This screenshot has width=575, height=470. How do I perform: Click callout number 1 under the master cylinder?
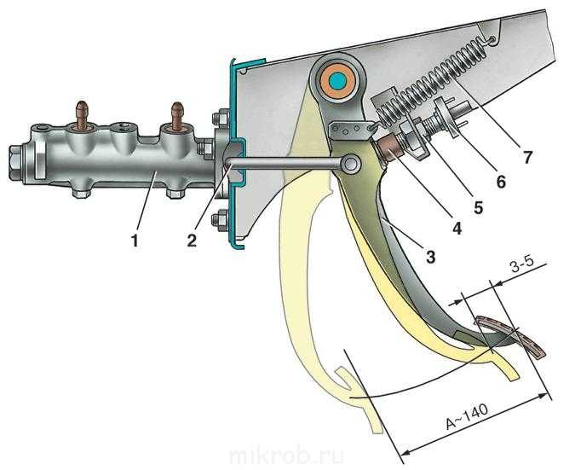[135, 241]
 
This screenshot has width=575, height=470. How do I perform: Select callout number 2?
[192, 241]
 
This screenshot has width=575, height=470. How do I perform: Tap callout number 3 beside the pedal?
[430, 257]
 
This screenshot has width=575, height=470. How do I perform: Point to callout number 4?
[457, 229]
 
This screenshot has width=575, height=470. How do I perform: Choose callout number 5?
[478, 207]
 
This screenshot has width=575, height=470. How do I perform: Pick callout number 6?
[500, 182]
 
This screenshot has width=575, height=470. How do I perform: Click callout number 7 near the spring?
[526, 157]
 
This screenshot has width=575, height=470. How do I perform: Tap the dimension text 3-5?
[521, 267]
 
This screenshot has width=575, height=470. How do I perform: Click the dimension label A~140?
[467, 417]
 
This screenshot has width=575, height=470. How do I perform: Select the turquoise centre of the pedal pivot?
[337, 81]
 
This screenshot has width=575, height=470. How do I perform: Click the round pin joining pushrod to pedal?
[351, 164]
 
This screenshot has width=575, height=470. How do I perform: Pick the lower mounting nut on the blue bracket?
[219, 219]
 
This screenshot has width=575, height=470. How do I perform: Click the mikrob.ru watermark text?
[286, 456]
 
